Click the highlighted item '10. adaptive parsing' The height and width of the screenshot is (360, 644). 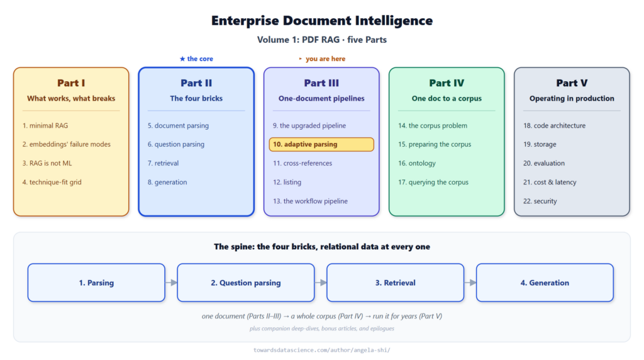(x=321, y=144)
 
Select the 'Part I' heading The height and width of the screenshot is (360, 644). (x=71, y=83)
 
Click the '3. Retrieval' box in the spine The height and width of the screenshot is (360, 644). (x=395, y=283)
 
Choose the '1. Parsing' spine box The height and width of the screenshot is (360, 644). (x=96, y=283)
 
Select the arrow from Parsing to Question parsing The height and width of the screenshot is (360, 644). (x=171, y=283)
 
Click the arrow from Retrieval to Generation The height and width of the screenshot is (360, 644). (x=470, y=283)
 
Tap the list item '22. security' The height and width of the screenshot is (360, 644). (x=540, y=201)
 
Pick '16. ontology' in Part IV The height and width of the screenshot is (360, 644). (x=417, y=163)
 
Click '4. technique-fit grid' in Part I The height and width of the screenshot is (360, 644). (x=52, y=182)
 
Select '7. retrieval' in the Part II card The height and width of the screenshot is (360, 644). (x=163, y=163)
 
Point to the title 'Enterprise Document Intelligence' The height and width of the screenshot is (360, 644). (x=322, y=21)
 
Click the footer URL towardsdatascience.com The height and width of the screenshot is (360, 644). (x=322, y=350)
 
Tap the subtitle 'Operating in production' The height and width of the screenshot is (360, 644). (x=572, y=99)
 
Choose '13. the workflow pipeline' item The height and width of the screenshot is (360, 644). (x=310, y=201)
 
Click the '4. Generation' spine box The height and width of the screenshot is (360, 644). (x=545, y=283)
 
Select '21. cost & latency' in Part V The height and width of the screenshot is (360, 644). (x=550, y=182)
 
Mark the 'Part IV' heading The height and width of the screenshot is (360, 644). (x=447, y=83)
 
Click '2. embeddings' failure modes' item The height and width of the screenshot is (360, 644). (x=66, y=144)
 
